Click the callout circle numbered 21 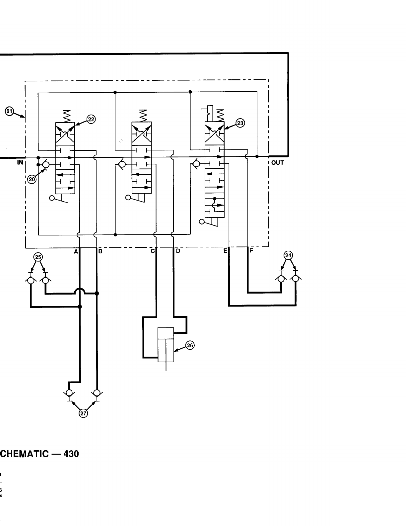(10, 112)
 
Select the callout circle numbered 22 (91, 119)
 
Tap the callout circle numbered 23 (240, 123)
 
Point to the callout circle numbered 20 (32, 179)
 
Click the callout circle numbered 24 (288, 255)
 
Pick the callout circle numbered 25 (38, 257)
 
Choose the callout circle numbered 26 (190, 346)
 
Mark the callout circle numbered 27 (83, 413)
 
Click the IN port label (20, 162)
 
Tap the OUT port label (277, 163)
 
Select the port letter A (76, 251)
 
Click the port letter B (100, 251)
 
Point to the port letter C (153, 251)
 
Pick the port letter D (178, 251)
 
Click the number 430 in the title (71, 454)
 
